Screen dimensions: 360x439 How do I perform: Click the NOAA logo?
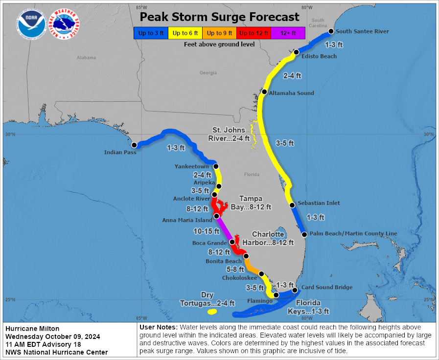[x=31, y=24]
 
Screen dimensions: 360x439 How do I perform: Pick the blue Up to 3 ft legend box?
[x=150, y=33]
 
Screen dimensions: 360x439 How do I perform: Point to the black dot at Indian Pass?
[x=135, y=145]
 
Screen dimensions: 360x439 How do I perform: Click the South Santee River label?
[x=362, y=31]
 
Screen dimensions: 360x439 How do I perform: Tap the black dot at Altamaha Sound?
[x=264, y=92]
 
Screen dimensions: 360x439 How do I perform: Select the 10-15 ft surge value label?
[x=206, y=230]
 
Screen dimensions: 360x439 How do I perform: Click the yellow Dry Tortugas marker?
[x=212, y=312]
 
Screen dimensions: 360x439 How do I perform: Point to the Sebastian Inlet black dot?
[x=292, y=205]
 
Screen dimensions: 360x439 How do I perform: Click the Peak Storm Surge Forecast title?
[x=219, y=17]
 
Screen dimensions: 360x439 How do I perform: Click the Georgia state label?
[x=208, y=73]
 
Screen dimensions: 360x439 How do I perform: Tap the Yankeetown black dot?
[x=216, y=166]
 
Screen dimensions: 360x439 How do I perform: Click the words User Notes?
[x=158, y=327]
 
